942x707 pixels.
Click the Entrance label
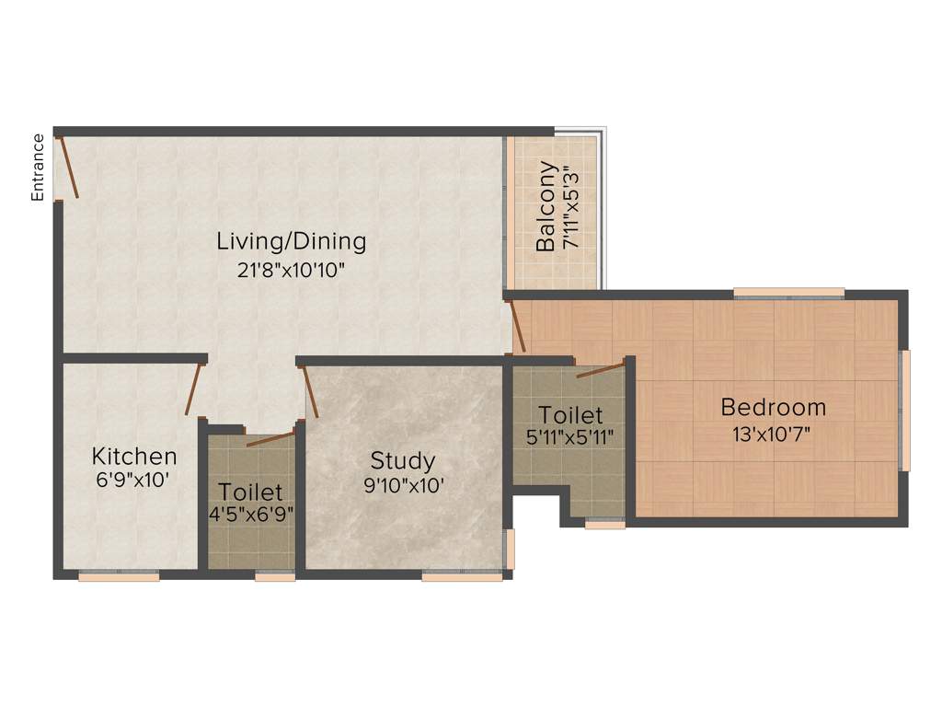click(38, 167)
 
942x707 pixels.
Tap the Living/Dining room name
click(292, 241)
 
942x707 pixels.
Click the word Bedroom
click(773, 406)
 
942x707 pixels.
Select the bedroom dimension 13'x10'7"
click(773, 435)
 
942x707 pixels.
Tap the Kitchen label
click(134, 456)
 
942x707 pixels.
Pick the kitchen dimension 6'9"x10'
click(134, 480)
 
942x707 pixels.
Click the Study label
click(403, 460)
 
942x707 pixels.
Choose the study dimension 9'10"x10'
click(404, 485)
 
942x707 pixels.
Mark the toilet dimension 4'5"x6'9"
click(251, 514)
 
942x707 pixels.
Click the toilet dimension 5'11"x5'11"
click(570, 437)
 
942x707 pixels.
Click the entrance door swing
click(68, 167)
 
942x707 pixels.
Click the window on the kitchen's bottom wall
click(119, 577)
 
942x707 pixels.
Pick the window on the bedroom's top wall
click(788, 294)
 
